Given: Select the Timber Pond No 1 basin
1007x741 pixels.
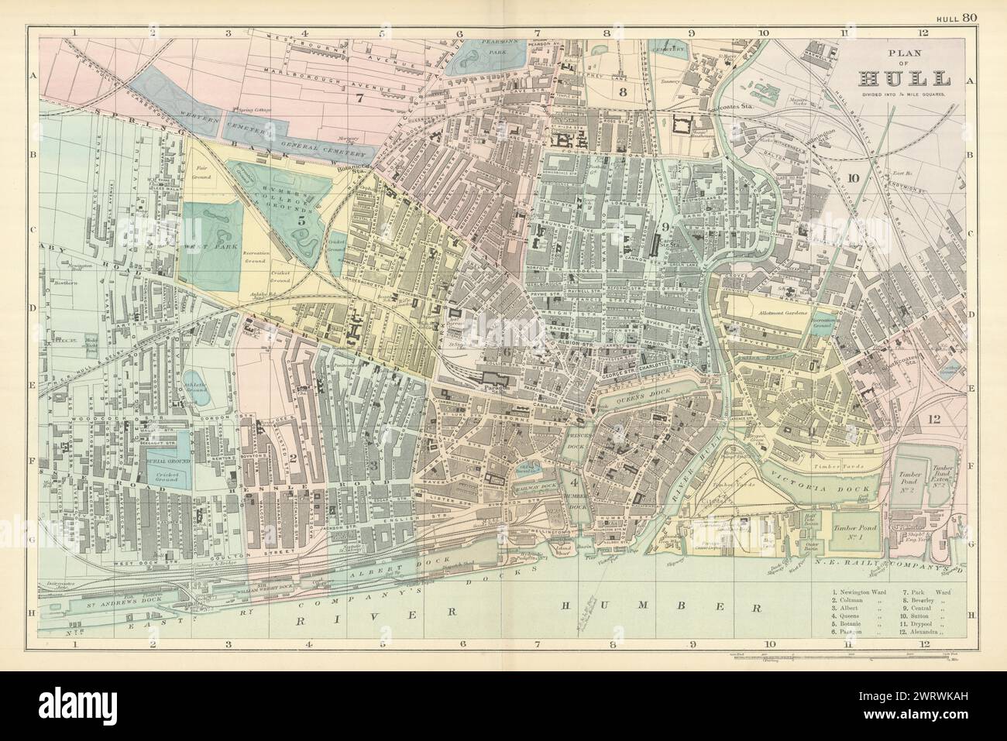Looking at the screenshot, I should click(855, 529).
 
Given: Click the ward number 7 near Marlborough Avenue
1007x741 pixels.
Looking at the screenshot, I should click(358, 98).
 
